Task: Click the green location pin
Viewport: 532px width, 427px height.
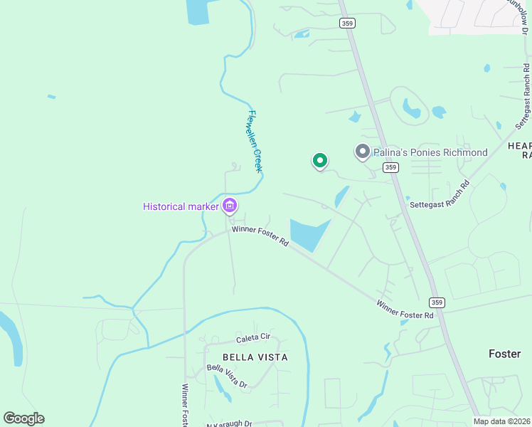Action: pos(320,161)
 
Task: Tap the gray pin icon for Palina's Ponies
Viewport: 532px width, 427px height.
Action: pos(362,152)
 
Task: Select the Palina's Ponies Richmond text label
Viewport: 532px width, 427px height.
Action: pos(430,152)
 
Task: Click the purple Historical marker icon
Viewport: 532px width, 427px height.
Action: pos(230,206)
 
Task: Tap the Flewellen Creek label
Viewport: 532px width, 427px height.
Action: pos(255,141)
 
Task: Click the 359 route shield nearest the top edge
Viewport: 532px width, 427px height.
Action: pos(347,23)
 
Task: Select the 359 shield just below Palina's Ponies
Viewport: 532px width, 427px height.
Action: pos(390,167)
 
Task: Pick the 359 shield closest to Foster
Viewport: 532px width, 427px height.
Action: pos(437,302)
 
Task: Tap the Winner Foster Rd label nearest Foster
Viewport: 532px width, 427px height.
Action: pos(405,310)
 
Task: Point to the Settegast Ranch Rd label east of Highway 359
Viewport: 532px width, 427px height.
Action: pos(440,194)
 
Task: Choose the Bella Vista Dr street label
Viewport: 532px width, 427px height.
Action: pos(227,376)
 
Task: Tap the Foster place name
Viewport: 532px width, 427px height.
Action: pos(505,354)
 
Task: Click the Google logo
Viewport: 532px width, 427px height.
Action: pos(23,418)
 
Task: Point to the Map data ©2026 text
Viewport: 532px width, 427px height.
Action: pos(502,421)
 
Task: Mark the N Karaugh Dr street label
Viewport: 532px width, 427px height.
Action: pos(229,423)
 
